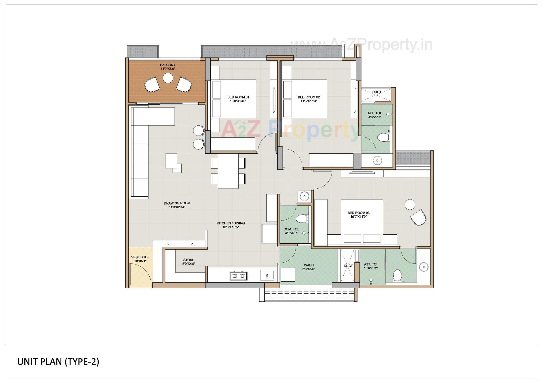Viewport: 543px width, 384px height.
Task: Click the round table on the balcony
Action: point(168,78)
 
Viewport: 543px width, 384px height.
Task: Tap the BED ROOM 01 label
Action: point(238,97)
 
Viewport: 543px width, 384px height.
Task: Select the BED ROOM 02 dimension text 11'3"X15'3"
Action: point(309,101)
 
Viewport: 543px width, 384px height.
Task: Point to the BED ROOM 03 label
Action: point(358,213)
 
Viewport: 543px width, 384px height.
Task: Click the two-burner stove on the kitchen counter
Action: point(238,276)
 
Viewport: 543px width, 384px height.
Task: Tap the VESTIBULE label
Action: point(140,257)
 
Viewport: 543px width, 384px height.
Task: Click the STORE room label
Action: point(189,260)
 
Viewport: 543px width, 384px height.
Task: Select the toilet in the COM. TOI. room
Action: point(301,219)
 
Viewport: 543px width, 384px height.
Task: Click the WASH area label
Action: point(309,265)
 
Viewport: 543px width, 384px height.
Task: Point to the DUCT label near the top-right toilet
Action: point(376,92)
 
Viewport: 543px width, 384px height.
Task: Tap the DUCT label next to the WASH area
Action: point(348,266)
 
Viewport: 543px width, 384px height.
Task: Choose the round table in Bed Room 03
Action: point(410,204)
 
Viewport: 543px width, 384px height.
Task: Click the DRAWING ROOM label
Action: point(177,203)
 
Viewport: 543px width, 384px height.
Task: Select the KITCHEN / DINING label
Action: point(230,223)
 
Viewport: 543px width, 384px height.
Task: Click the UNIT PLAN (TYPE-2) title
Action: point(58,362)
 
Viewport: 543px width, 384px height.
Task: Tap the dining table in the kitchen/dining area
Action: point(228,171)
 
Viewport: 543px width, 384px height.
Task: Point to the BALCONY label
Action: point(168,65)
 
